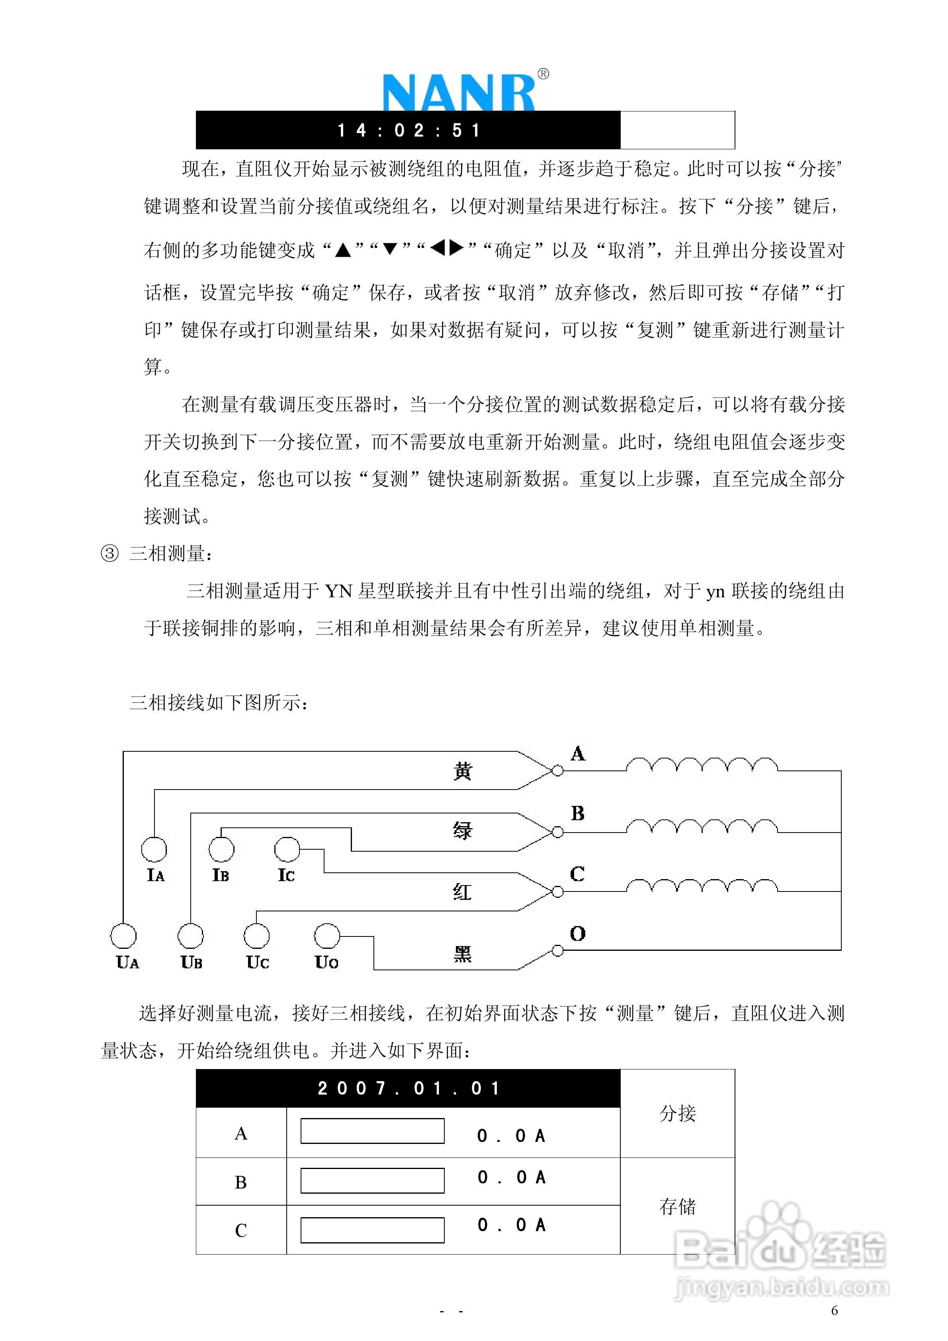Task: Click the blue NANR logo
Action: pyautogui.click(x=459, y=92)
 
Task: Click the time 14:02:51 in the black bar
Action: pyautogui.click(x=409, y=130)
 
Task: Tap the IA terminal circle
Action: pyautogui.click(x=154, y=849)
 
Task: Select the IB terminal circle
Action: pyautogui.click(x=221, y=849)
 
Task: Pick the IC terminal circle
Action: pyautogui.click(x=287, y=849)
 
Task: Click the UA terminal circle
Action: pyautogui.click(x=123, y=936)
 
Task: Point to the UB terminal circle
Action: pyautogui.click(x=190, y=936)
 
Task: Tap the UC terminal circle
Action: pyautogui.click(x=256, y=936)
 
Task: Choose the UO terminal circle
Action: pyautogui.click(x=326, y=936)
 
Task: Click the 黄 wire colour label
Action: pyautogui.click(x=462, y=771)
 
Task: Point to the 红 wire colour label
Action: pyautogui.click(x=462, y=892)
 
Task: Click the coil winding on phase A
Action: pyautogui.click(x=702, y=764)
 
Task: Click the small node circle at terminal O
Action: pyautogui.click(x=558, y=951)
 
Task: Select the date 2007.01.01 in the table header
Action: pyautogui.click(x=409, y=1089)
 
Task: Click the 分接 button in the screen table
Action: pyautogui.click(x=678, y=1114)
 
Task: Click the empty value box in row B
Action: pyautogui.click(x=372, y=1181)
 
